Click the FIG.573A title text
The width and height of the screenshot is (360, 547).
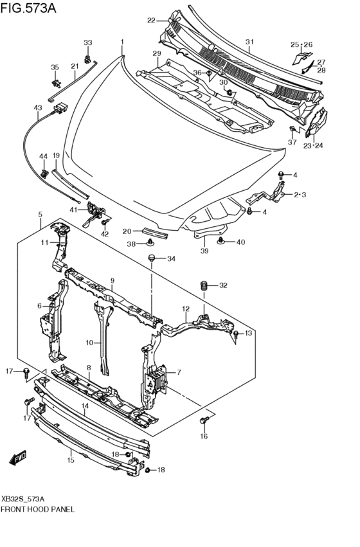[x=28, y=8]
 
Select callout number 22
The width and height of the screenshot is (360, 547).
[x=150, y=21]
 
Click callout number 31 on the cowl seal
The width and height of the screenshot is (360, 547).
[x=249, y=42]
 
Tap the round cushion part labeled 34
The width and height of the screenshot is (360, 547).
[x=151, y=258]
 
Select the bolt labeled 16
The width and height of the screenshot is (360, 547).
[x=204, y=420]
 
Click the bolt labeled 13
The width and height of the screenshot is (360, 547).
[x=237, y=334]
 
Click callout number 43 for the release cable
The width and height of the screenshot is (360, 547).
[x=38, y=108]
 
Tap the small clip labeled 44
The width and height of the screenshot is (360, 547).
[x=44, y=173]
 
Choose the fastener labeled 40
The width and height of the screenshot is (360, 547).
[x=221, y=240]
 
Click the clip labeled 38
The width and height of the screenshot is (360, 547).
[x=150, y=242]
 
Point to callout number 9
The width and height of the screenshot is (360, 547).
[x=113, y=280]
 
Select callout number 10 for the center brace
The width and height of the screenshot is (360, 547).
[x=89, y=343]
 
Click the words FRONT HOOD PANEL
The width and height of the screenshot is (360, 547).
[x=38, y=509]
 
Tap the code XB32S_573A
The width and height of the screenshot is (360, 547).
[x=23, y=499]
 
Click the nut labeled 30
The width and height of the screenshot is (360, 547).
[x=230, y=93]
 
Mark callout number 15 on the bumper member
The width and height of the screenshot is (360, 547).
[x=71, y=460]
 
